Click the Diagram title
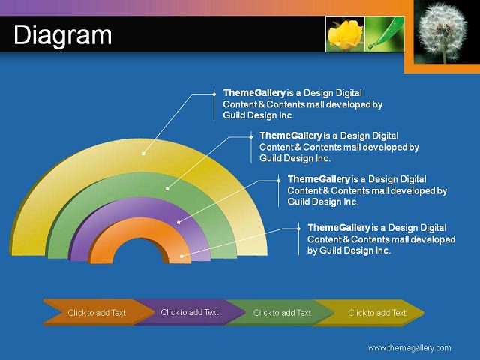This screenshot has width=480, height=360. click(x=63, y=35)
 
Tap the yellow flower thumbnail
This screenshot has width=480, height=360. click(x=345, y=34)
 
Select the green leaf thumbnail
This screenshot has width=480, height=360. click(x=385, y=34)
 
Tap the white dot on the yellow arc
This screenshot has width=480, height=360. click(x=143, y=154)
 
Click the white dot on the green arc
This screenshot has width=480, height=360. click(x=167, y=189)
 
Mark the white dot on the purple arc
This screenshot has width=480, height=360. click(x=178, y=223)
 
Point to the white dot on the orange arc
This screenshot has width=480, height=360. click(x=181, y=256)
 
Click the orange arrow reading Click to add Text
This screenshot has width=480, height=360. click(x=97, y=312)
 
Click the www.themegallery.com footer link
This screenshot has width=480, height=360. click(x=409, y=348)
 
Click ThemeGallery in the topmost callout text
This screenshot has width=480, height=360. click(x=254, y=93)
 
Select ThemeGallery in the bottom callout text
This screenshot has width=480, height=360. click(x=339, y=228)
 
